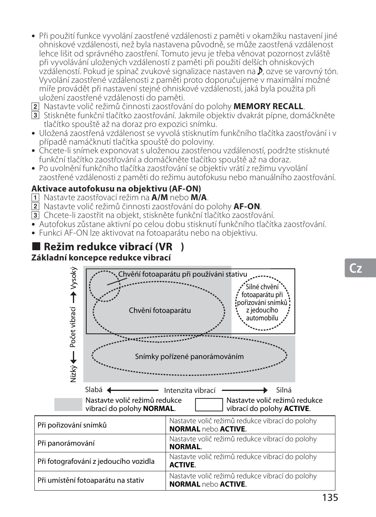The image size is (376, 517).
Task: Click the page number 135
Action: [329, 498]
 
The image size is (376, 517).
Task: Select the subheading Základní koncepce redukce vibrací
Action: [101, 258]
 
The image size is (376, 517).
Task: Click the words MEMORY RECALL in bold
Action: [268, 106]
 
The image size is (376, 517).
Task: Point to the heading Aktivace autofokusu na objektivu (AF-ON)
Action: [116, 188]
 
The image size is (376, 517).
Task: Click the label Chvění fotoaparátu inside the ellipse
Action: [160, 311]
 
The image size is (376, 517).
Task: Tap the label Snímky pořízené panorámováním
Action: [189, 357]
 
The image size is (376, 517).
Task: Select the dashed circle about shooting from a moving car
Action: [262, 302]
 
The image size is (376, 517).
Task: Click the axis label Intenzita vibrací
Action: [190, 391]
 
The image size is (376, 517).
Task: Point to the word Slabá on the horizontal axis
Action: [94, 390]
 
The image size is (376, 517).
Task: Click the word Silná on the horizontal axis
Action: [284, 390]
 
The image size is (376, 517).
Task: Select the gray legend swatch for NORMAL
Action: [68, 404]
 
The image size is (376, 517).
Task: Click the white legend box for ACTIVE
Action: [209, 404]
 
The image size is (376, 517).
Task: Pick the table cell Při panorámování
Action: [66, 443]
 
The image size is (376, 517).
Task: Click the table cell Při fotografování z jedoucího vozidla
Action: [96, 461]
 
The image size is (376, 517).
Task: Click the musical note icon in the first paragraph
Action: [260, 71]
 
